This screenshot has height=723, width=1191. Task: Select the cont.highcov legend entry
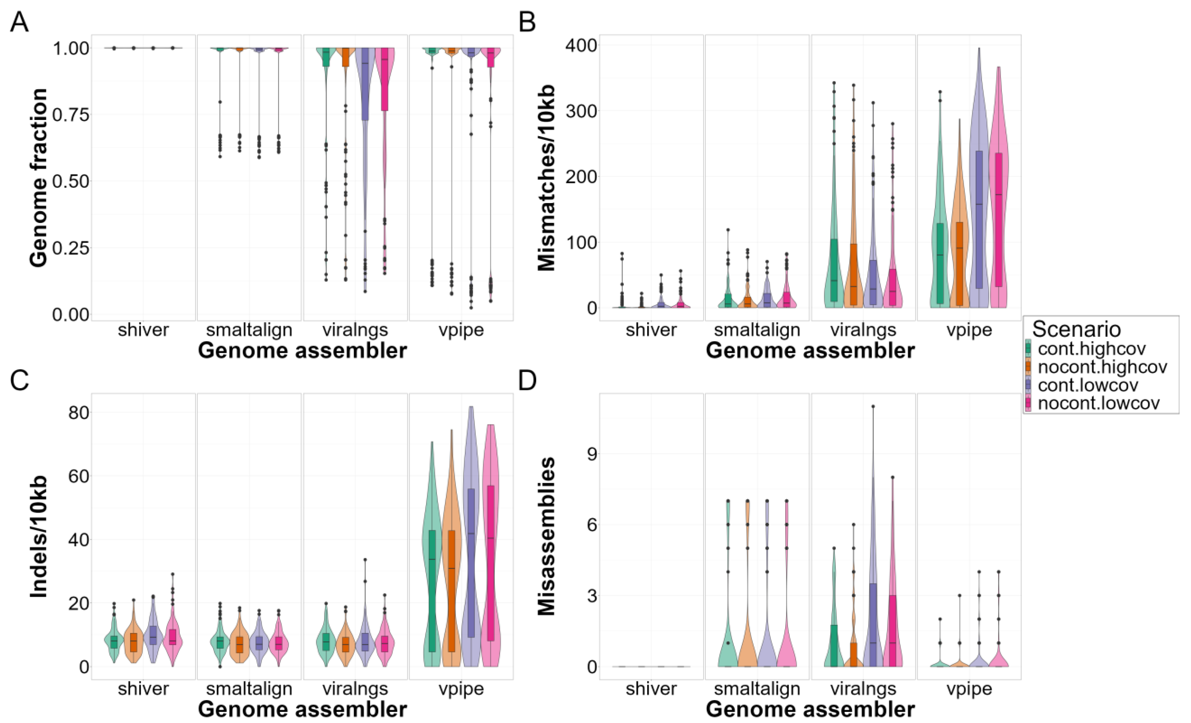point(1091,349)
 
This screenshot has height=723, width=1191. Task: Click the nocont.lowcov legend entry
point(1098,403)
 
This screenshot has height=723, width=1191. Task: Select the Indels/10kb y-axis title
point(39,537)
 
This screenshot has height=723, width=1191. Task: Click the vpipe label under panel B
point(969,330)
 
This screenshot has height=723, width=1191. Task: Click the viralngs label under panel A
point(355,330)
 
